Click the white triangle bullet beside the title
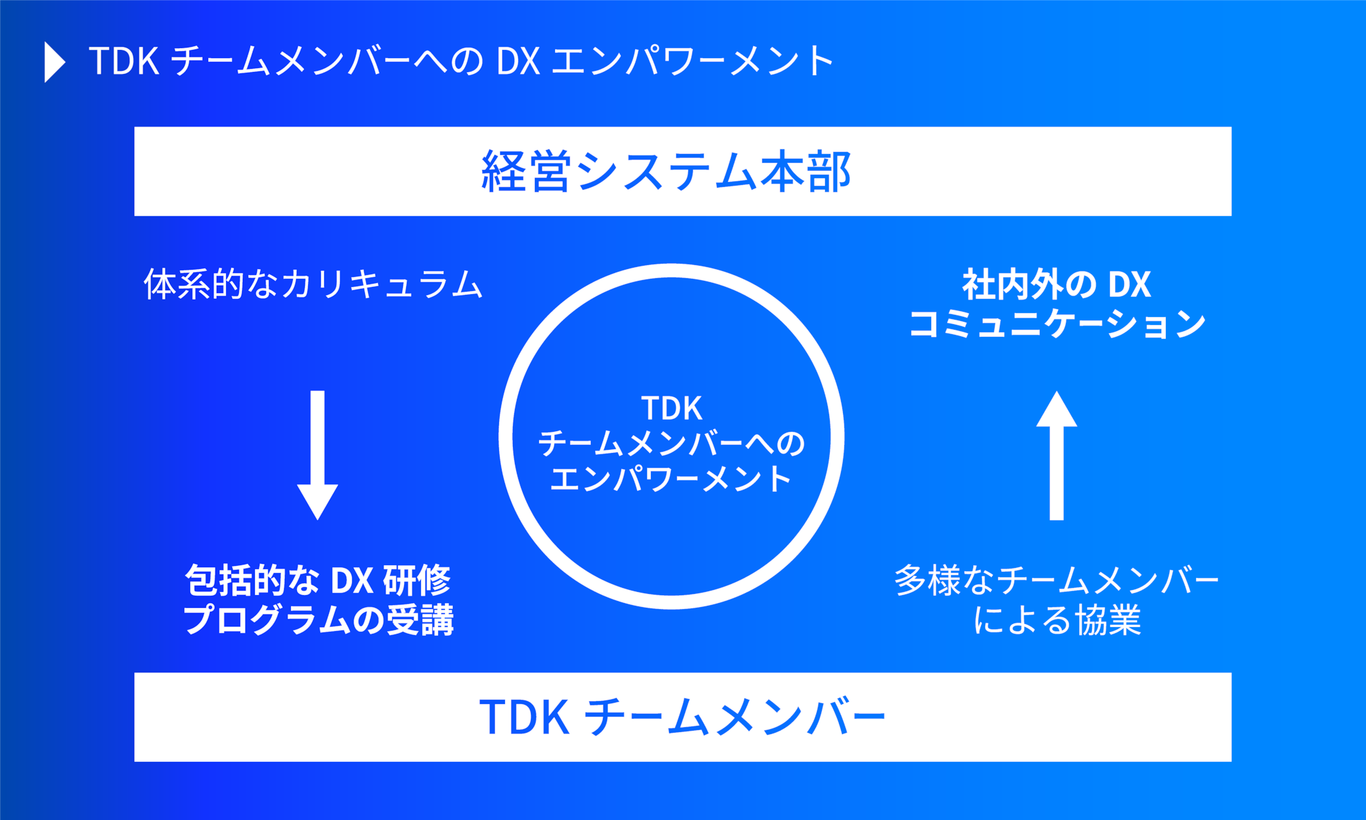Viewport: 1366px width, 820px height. pos(54,62)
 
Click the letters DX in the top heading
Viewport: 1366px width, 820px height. pos(518,61)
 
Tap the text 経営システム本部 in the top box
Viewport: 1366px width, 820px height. pos(666,171)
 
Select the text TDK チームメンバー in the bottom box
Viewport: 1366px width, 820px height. pos(682,717)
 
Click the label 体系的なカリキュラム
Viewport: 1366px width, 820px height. pos(313,284)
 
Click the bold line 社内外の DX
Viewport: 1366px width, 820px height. pos(1057,284)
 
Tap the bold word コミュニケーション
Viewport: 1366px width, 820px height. pos(1057,324)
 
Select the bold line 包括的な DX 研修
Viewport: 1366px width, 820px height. pos(318,580)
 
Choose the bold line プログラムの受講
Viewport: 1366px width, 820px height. pos(318,619)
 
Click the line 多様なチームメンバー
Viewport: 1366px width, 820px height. pos(1057,580)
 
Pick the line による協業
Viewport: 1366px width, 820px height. pos(1057,620)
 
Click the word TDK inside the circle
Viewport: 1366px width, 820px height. pos(672,408)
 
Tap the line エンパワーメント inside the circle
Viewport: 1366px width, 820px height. pos(672,478)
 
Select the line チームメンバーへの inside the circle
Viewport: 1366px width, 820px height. pos(672,444)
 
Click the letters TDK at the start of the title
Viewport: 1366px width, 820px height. pos(123,61)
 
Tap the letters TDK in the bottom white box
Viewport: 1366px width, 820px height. pos(524,717)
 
